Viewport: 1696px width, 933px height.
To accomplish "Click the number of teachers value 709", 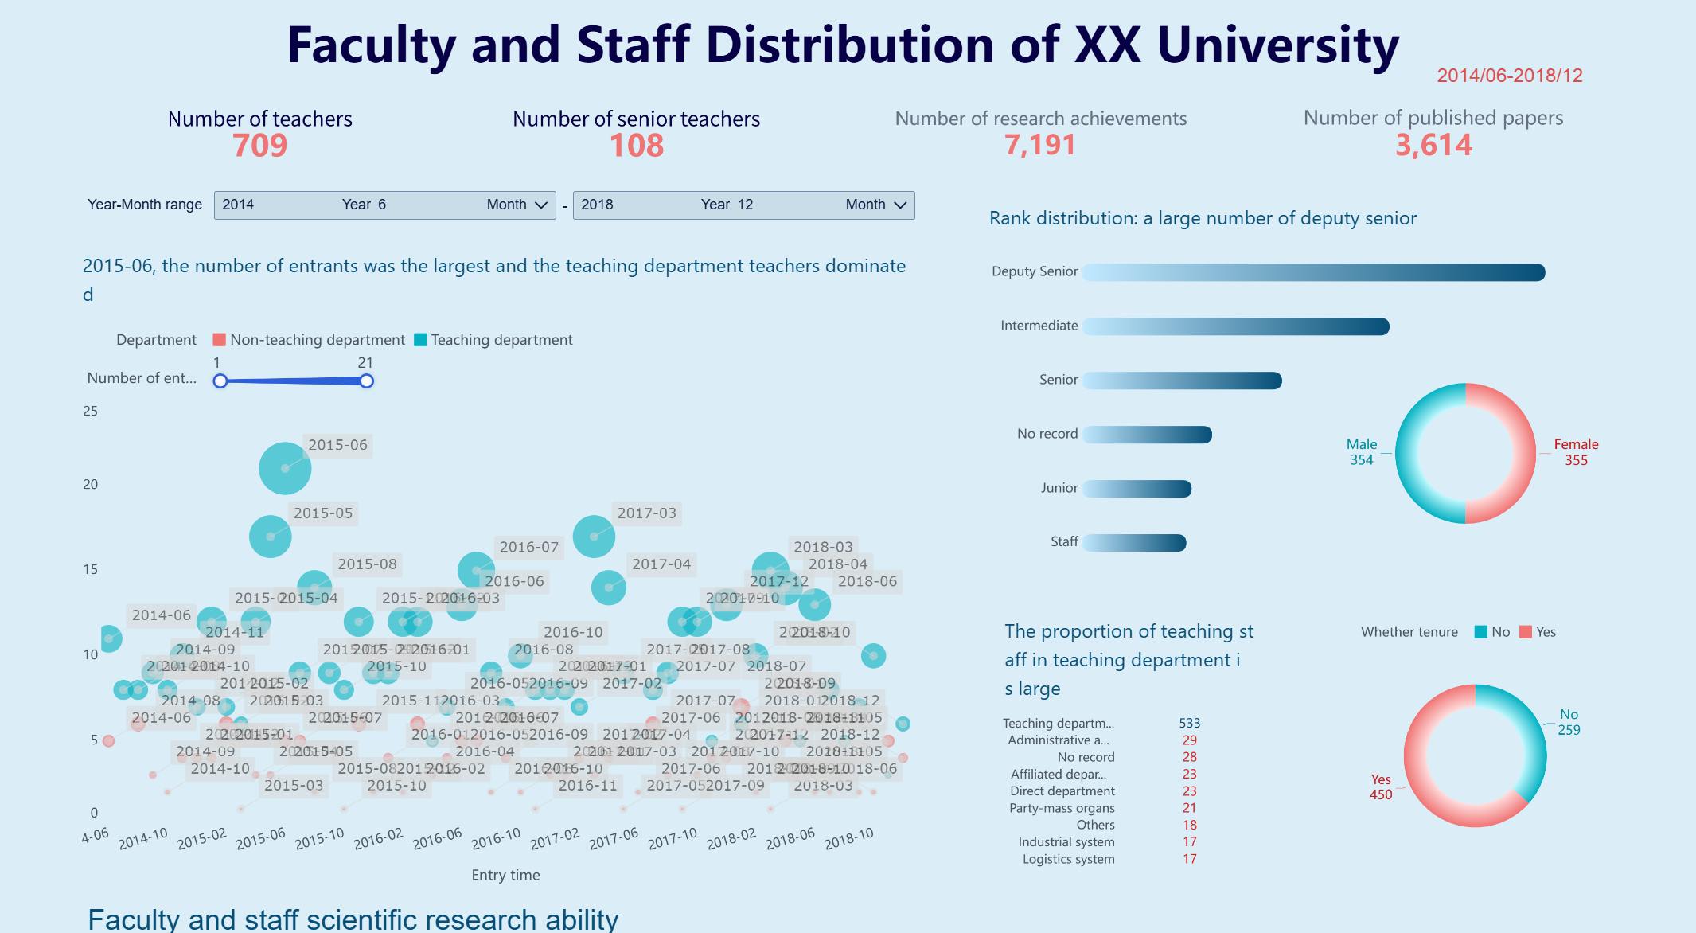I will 260,146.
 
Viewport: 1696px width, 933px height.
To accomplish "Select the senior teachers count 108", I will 636,146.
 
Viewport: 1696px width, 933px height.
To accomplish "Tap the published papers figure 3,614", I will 1433,145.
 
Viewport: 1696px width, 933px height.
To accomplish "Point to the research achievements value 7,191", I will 1039,145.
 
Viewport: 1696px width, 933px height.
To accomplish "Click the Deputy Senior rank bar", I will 1313,273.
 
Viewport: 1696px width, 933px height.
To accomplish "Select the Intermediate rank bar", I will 1235,326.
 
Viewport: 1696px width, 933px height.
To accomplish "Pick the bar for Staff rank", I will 1134,543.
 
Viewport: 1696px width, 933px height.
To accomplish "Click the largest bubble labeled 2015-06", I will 285,469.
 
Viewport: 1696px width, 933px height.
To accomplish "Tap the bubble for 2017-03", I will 594,537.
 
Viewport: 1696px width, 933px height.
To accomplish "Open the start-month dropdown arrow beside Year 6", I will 541,205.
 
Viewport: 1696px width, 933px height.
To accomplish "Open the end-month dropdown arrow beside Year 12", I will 900,205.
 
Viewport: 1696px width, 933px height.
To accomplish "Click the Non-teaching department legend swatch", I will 220,340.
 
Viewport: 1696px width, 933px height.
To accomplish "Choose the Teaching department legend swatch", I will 420,340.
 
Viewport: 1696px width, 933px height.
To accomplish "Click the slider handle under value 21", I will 366,381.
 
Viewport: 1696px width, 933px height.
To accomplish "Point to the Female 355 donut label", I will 1575,452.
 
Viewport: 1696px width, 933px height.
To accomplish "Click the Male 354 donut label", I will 1361,452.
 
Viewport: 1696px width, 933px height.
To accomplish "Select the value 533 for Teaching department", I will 1189,724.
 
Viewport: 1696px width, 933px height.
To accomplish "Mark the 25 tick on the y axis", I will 91,411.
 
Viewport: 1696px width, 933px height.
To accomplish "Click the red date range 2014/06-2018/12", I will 1509,76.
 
